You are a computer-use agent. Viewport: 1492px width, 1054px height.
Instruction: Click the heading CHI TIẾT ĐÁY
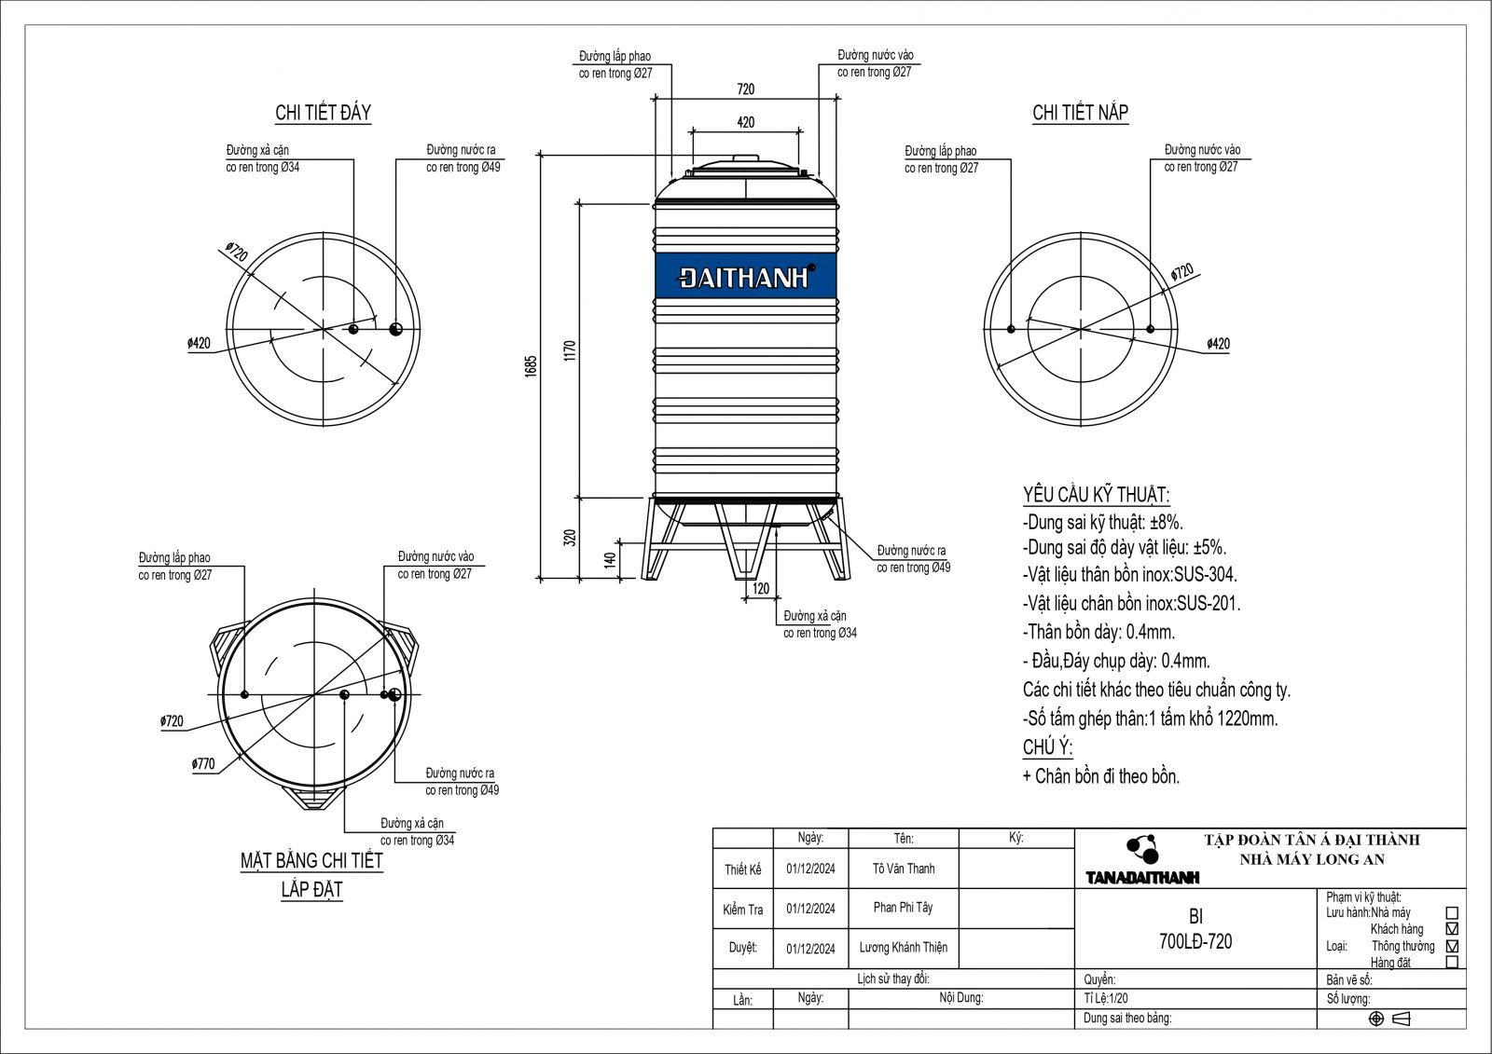(323, 113)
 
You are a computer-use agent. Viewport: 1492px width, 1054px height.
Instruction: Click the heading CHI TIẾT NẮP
(1080, 113)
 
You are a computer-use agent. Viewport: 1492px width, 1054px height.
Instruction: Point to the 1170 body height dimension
(571, 350)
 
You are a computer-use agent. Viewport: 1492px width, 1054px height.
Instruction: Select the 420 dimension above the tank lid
(745, 122)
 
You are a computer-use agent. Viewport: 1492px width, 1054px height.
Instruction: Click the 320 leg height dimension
(571, 538)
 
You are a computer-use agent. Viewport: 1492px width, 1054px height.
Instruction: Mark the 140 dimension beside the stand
(610, 560)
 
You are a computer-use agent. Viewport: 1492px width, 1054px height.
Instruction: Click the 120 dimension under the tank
(761, 588)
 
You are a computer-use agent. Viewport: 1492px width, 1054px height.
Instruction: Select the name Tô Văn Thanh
(904, 869)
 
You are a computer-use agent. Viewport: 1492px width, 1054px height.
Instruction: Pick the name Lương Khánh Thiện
(903, 947)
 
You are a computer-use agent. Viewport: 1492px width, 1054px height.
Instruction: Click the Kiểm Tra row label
(742, 910)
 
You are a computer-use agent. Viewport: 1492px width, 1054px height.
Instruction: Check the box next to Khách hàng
(1451, 929)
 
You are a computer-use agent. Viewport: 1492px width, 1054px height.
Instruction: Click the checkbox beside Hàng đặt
(1451, 962)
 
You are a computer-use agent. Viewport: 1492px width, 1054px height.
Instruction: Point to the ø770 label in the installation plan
(203, 764)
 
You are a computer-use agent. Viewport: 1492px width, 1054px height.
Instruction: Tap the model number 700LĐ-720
(1195, 941)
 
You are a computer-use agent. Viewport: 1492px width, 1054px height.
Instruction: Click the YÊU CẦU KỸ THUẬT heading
(1096, 494)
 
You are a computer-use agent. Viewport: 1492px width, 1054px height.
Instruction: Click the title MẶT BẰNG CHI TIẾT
(311, 860)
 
